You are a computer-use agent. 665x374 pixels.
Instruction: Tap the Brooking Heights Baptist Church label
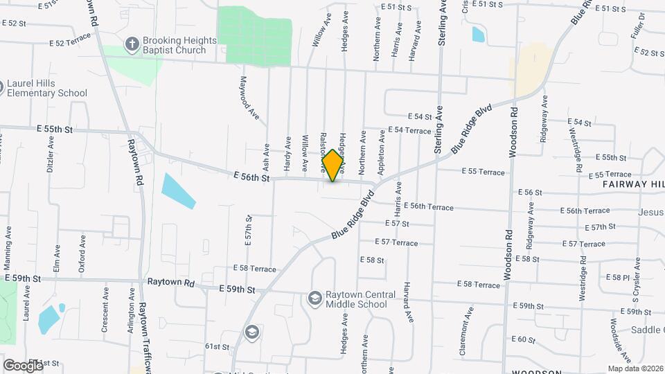(x=175, y=46)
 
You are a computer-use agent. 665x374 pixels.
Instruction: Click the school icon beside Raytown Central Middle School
(x=314, y=298)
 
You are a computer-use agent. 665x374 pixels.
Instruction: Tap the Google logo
(x=22, y=365)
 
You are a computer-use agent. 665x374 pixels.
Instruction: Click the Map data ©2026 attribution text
(x=635, y=368)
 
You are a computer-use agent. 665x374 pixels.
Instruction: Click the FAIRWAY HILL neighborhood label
(x=632, y=184)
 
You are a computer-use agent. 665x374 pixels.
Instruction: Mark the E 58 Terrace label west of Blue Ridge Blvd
(x=254, y=268)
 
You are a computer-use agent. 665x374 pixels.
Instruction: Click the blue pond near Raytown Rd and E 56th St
(x=178, y=190)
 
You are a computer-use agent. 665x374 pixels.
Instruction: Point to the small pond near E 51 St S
(x=478, y=34)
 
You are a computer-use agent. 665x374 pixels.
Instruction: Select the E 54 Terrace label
(x=409, y=130)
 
